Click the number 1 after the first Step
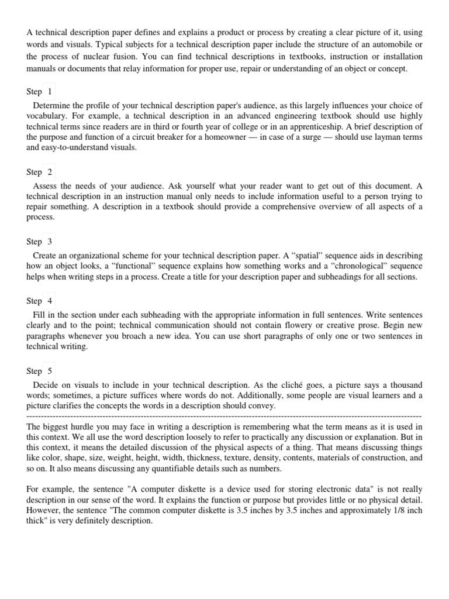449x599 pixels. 50,92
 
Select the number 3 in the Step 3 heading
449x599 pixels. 50,242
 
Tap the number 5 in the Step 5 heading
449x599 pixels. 50,371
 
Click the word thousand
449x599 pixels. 405,385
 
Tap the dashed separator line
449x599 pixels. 224,416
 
